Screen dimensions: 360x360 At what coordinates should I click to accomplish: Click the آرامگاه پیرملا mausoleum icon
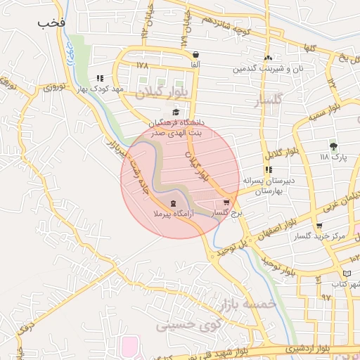[173, 203]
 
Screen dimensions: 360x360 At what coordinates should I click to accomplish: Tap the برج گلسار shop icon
[226, 202]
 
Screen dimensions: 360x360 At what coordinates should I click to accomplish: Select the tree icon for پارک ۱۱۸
[333, 146]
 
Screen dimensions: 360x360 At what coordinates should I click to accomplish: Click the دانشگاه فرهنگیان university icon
[176, 112]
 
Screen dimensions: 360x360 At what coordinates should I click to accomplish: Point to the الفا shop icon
[195, 55]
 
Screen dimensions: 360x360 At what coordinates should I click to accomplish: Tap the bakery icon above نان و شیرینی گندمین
[267, 58]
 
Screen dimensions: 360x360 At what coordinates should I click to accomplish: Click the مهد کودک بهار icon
[100, 79]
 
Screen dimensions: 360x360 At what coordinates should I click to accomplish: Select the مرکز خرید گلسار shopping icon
[319, 226]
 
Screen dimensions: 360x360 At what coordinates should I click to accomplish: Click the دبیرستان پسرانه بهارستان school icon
[268, 170]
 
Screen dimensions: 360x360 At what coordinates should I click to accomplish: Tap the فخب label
[52, 22]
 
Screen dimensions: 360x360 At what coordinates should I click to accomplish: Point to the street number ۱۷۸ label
[143, 65]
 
